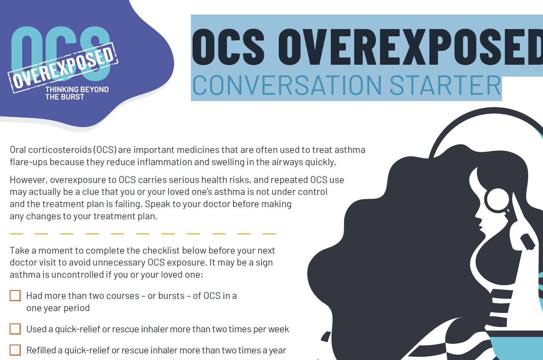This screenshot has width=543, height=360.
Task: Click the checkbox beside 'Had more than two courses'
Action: click(15, 296)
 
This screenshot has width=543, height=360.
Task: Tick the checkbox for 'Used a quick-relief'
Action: click(15, 329)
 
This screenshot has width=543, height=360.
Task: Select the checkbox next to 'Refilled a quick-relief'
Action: click(15, 350)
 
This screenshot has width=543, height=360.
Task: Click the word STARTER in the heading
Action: click(446, 86)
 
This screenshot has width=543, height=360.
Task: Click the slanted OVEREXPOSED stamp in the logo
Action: click(63, 67)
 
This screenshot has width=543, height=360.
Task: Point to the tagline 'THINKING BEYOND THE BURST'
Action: click(77, 93)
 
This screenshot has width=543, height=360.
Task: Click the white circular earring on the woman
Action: click(497, 199)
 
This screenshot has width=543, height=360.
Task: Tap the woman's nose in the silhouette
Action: click(478, 216)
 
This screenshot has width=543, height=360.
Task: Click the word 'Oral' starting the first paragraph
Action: click(18, 150)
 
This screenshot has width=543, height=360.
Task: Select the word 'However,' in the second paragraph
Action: click(29, 180)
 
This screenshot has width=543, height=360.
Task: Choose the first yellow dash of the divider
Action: click(16, 234)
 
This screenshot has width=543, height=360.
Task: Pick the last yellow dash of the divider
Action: click(269, 234)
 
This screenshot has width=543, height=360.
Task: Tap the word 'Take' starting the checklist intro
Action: click(19, 251)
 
